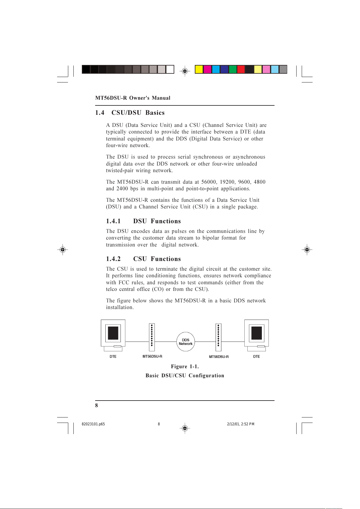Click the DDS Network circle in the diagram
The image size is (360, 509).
click(x=185, y=342)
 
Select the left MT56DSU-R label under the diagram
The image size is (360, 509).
click(x=152, y=356)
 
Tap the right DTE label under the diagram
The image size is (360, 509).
click(x=256, y=357)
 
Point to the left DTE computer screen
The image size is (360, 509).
click(x=113, y=333)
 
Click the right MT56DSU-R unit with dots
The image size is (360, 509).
click(x=218, y=337)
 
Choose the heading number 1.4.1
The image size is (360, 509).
click(x=113, y=221)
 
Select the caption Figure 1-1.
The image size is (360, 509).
click(x=185, y=366)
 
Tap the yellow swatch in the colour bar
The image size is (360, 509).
click(x=199, y=69)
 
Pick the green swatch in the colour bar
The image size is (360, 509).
click(x=233, y=69)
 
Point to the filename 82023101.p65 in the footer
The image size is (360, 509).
click(x=93, y=424)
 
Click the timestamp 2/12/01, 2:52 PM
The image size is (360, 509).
click(x=241, y=424)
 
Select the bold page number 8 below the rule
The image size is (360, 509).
click(x=97, y=405)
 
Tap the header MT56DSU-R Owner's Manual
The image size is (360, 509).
click(x=133, y=98)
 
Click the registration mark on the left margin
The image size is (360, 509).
click(x=63, y=250)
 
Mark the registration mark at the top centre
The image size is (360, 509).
click(x=185, y=71)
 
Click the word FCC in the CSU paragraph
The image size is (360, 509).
click(x=124, y=282)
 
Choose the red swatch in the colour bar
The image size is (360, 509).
click(x=241, y=69)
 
